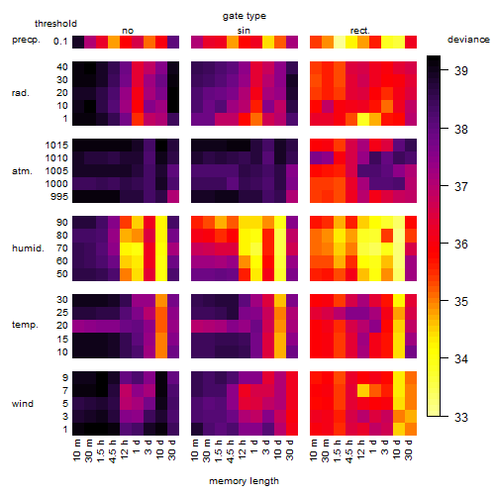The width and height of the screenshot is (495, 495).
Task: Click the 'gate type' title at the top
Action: [x=245, y=16]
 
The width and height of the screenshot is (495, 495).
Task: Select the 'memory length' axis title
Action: [x=244, y=481]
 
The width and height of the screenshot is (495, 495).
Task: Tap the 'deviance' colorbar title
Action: [x=468, y=40]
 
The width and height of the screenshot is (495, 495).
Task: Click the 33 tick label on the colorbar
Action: [x=461, y=418]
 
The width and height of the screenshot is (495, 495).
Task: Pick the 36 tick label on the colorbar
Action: [x=461, y=245]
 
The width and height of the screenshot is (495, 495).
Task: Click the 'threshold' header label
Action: [x=55, y=24]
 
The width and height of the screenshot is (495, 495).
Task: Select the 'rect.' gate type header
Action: [x=360, y=31]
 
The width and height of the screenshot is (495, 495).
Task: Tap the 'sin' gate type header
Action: [x=244, y=31]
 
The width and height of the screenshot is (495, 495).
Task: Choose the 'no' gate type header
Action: [x=128, y=31]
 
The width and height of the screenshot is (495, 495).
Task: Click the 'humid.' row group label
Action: [x=28, y=248]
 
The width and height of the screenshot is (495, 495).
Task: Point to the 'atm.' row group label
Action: [x=22, y=171]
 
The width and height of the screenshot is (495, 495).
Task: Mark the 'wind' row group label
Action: [x=23, y=404]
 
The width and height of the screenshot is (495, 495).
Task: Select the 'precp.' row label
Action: [x=26, y=40]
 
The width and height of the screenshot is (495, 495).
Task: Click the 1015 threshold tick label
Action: [x=56, y=146]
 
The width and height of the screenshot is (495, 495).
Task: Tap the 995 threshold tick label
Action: [x=59, y=197]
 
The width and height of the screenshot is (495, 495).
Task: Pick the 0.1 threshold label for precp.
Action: [x=60, y=42]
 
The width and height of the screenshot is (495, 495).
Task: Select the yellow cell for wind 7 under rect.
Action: [x=363, y=391]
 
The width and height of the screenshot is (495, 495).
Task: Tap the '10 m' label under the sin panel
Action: [x=195, y=449]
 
